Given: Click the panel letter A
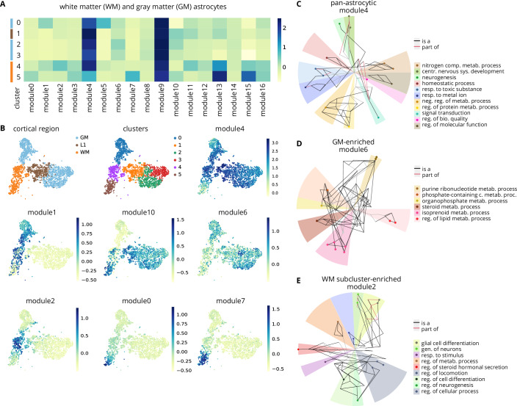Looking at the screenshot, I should point(4,5).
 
